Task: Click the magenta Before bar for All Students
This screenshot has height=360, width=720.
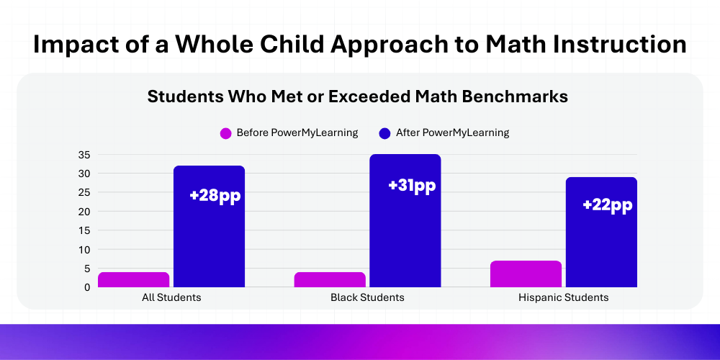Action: coord(133,279)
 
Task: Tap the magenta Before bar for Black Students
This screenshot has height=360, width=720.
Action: coord(330,279)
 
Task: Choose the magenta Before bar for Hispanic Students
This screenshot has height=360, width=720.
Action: coord(526,274)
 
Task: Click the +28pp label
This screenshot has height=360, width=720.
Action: coord(215,195)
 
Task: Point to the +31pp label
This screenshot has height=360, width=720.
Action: coord(412,185)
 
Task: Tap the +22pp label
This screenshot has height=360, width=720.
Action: coord(608,205)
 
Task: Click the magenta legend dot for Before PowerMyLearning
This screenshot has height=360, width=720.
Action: coord(225,133)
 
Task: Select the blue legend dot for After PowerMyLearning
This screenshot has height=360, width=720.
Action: coord(384,133)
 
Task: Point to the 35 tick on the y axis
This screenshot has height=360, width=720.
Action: coord(84,155)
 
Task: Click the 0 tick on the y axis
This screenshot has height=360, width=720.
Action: coord(87,287)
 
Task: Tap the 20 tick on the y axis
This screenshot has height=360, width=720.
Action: coord(84,212)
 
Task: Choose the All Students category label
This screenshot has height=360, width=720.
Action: coord(171,297)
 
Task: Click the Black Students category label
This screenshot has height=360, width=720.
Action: coord(367,297)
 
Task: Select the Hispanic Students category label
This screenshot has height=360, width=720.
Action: coord(563,297)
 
